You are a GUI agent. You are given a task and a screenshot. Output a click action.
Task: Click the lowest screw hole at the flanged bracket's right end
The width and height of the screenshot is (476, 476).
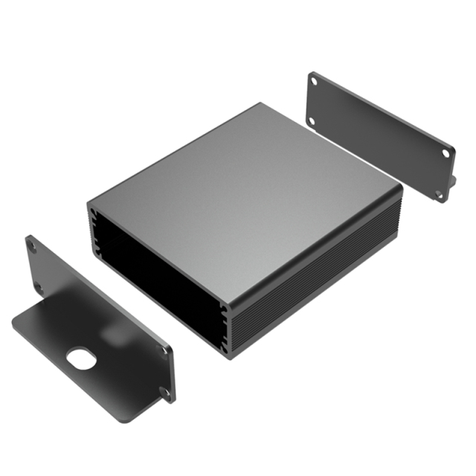click(x=165, y=391)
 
